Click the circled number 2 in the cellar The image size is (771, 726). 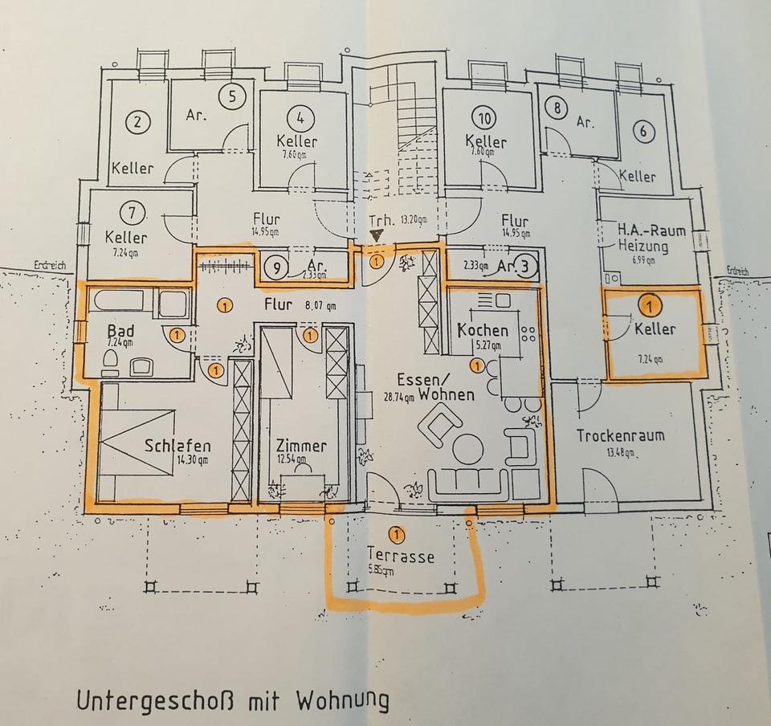coord(138,122)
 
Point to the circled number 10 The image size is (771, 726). coord(484,119)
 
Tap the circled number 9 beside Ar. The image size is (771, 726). coord(275,267)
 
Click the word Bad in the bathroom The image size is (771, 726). coord(121,332)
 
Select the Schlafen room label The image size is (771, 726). coord(178,446)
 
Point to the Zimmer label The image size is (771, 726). coord(300,446)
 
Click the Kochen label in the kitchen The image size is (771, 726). coord(482,330)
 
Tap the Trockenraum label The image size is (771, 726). coord(620,436)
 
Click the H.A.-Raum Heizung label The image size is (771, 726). coord(651,239)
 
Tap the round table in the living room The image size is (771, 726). coord(468,448)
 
